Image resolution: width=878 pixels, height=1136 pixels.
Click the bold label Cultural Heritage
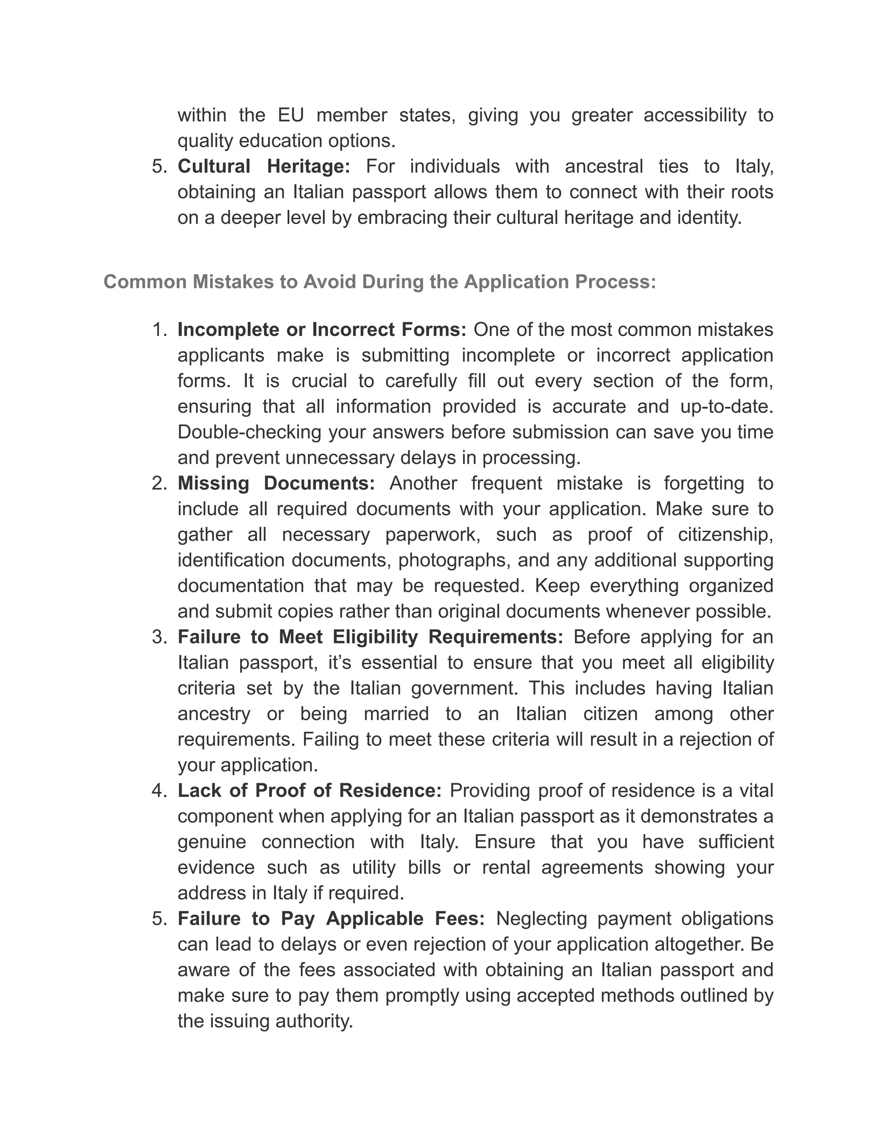tap(264, 166)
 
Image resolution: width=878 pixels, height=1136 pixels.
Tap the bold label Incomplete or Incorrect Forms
tap(322, 330)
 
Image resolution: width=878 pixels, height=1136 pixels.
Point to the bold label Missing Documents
tap(276, 483)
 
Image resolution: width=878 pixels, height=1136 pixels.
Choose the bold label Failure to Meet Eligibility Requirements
tap(370, 637)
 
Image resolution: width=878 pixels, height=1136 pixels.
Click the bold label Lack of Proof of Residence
tap(310, 790)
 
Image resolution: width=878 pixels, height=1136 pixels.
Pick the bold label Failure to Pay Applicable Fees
tap(331, 919)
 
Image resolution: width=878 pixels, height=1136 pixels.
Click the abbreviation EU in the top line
tap(291, 115)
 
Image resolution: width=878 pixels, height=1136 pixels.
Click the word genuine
tap(212, 842)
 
